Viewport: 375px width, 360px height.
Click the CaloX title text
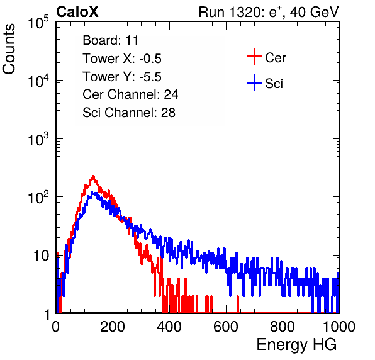77,12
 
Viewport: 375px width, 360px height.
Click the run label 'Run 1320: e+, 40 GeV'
269,12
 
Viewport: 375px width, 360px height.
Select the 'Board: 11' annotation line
111,40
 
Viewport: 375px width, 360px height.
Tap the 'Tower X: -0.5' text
122,59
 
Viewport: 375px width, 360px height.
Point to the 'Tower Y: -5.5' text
122,77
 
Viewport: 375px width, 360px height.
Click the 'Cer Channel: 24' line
130,94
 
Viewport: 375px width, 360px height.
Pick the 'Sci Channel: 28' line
129,113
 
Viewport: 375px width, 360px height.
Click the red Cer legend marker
254,57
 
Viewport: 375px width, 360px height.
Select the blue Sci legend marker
254,83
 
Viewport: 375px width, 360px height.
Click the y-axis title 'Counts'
9,49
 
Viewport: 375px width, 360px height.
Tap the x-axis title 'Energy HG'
296,345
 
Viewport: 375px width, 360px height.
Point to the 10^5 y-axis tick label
38,22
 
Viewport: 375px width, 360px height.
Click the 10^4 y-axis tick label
38,81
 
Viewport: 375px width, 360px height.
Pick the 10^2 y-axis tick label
38,197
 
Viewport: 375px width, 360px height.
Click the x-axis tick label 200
113,327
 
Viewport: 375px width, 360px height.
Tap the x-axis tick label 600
226,327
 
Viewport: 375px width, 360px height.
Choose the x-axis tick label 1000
339,327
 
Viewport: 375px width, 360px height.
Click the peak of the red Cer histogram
93,176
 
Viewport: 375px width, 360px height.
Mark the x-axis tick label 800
283,327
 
